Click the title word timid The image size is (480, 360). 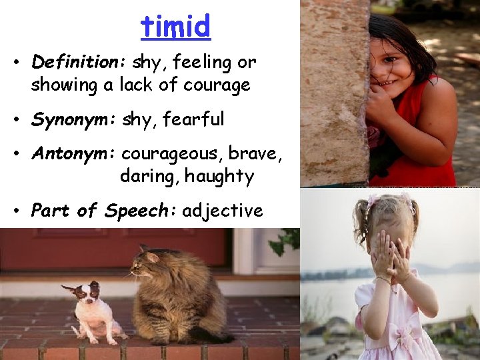tap(175, 26)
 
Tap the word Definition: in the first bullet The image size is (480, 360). tap(75, 63)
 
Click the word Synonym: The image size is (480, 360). tap(74, 119)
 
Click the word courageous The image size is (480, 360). tap(172, 154)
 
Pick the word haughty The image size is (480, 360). tap(219, 177)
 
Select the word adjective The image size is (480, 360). tap(223, 211)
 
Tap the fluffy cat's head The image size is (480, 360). tap(149, 263)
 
